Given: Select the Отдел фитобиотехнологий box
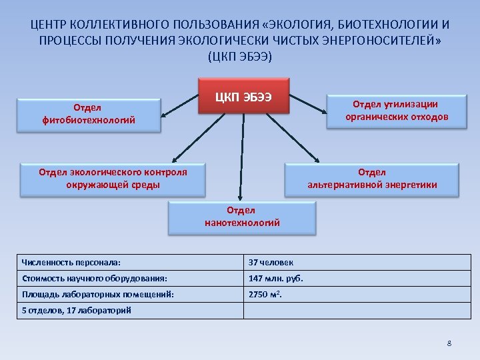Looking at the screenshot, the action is point(88,115).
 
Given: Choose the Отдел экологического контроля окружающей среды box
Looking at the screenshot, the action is point(113,179).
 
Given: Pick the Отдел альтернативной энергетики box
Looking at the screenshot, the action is point(372,179).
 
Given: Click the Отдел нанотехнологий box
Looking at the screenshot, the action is point(241,217).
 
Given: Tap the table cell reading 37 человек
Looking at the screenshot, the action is point(271,263).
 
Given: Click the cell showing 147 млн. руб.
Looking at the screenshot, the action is point(271,279).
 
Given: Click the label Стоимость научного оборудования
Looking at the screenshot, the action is point(94,279).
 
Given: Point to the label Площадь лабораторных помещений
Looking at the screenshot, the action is point(97,294).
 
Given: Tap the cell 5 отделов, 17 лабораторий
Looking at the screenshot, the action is point(77,310).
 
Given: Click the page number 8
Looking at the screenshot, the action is point(449,343).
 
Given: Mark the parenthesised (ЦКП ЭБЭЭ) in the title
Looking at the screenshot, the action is point(240,56).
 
